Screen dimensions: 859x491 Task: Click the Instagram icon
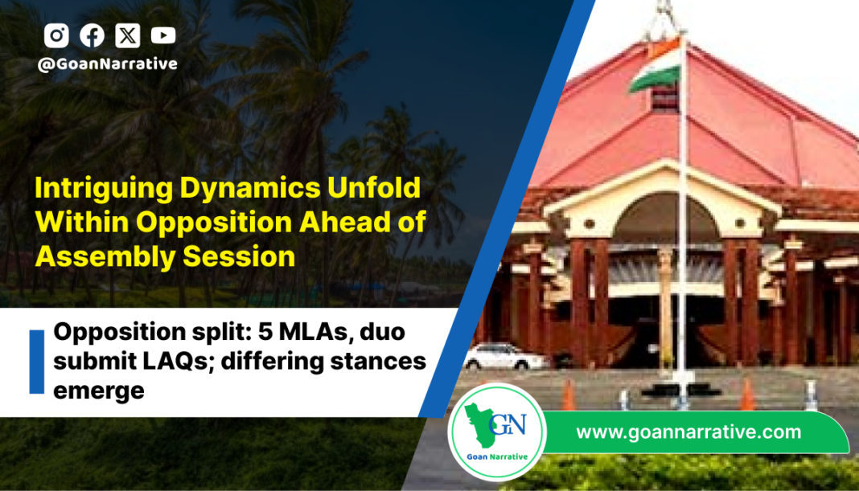[56, 35]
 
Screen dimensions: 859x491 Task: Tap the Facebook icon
[92, 35]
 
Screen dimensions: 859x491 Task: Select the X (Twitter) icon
[128, 35]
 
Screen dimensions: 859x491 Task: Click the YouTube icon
[163, 35]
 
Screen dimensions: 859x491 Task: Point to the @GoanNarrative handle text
[108, 64]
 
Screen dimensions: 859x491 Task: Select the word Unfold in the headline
[374, 188]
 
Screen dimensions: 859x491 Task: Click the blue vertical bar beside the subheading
[37, 362]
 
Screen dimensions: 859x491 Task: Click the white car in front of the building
[505, 357]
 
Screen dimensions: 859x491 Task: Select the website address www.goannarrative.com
[688, 432]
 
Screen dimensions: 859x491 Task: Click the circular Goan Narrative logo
[497, 432]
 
